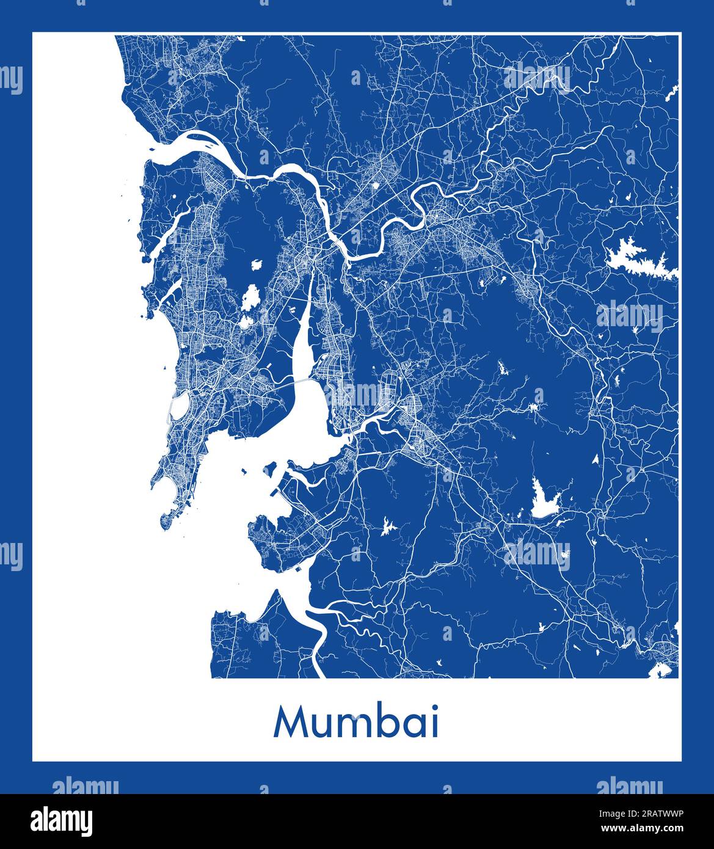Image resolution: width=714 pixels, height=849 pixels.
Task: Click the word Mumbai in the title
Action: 357,723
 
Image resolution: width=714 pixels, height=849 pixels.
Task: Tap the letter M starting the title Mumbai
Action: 290,723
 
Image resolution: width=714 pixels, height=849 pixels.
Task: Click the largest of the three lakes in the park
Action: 249,299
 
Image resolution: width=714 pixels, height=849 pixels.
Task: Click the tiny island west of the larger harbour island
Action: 244,471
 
